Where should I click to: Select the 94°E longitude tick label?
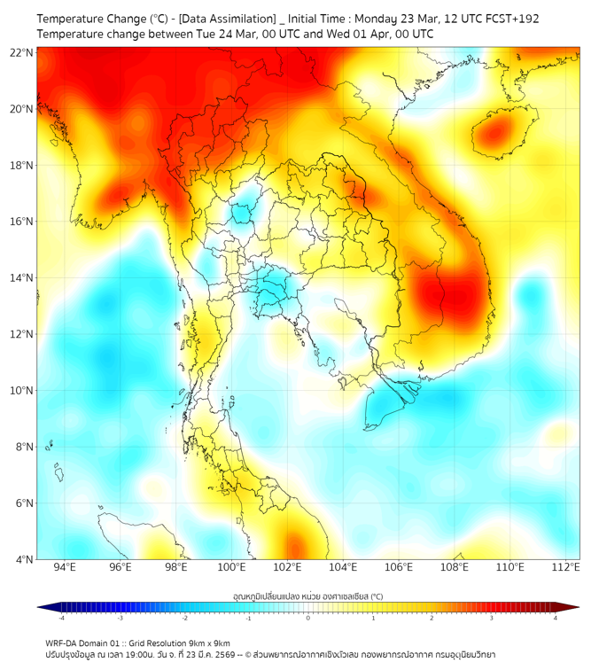65,568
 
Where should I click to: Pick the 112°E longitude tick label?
566,568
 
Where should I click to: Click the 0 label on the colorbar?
308,617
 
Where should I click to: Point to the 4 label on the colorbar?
556,617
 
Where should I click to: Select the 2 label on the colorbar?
432,617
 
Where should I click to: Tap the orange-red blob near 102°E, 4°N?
293,548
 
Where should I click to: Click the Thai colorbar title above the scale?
307,596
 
